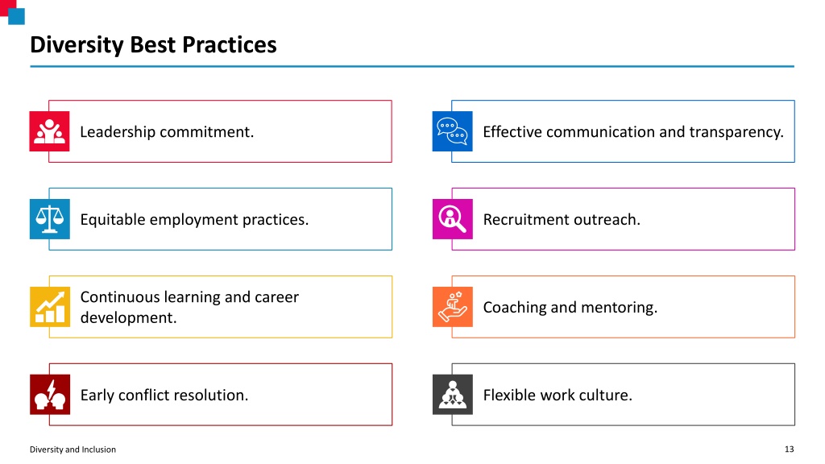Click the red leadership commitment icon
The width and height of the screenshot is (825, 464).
49,131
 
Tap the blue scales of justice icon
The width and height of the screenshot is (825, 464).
49,219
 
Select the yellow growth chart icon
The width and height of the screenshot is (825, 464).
49,307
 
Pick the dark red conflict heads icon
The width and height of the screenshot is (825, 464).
49,395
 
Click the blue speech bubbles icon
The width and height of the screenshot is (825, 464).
453,131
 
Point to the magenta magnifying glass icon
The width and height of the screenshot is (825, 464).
453,219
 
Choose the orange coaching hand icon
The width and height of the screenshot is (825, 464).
453,307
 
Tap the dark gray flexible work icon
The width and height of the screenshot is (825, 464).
453,395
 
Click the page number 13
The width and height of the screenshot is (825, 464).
790,449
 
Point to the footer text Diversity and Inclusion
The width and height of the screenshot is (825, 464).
73,449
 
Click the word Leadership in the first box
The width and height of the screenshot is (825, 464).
118,132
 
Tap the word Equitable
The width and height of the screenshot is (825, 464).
113,220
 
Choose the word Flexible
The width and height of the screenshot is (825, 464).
508,395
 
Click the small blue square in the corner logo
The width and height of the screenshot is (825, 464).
16,16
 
